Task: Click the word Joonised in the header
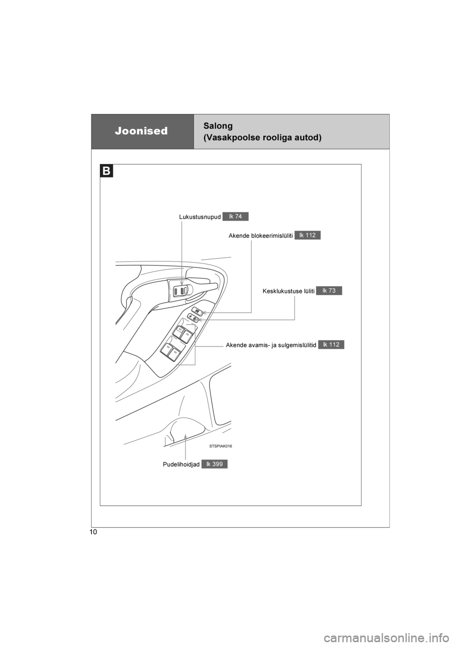(141, 131)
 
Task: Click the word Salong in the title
(218, 127)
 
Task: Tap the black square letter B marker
(107, 171)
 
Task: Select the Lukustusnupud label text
(200, 217)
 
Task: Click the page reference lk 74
(236, 216)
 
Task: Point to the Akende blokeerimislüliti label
(261, 236)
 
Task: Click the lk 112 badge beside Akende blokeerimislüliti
(308, 235)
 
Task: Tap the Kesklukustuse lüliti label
(288, 291)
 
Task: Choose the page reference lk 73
(329, 291)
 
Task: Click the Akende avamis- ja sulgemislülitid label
(271, 345)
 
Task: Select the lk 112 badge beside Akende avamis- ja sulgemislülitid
(331, 344)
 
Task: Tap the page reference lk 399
(214, 464)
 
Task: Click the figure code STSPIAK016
(221, 446)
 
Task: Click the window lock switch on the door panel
(197, 311)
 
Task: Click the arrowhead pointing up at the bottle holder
(185, 436)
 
